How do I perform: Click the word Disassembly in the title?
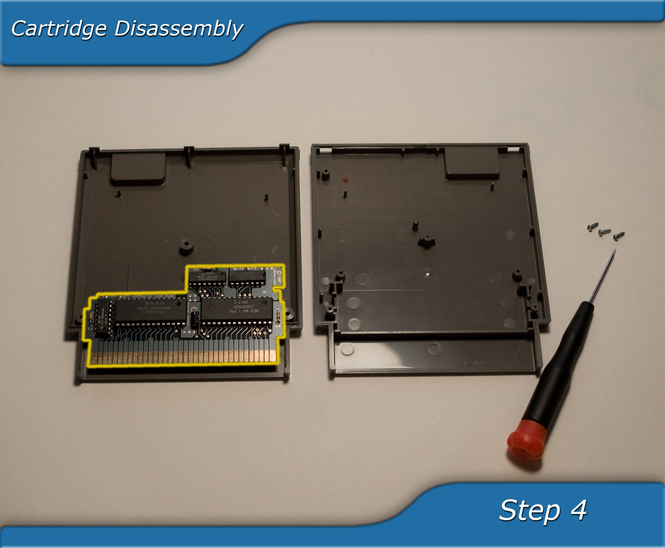pyautogui.click(x=178, y=29)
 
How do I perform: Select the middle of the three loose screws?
pyautogui.click(x=604, y=232)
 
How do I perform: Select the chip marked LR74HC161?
pyautogui.click(x=208, y=276)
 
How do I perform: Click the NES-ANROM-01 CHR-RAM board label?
pyautogui.click(x=148, y=297)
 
